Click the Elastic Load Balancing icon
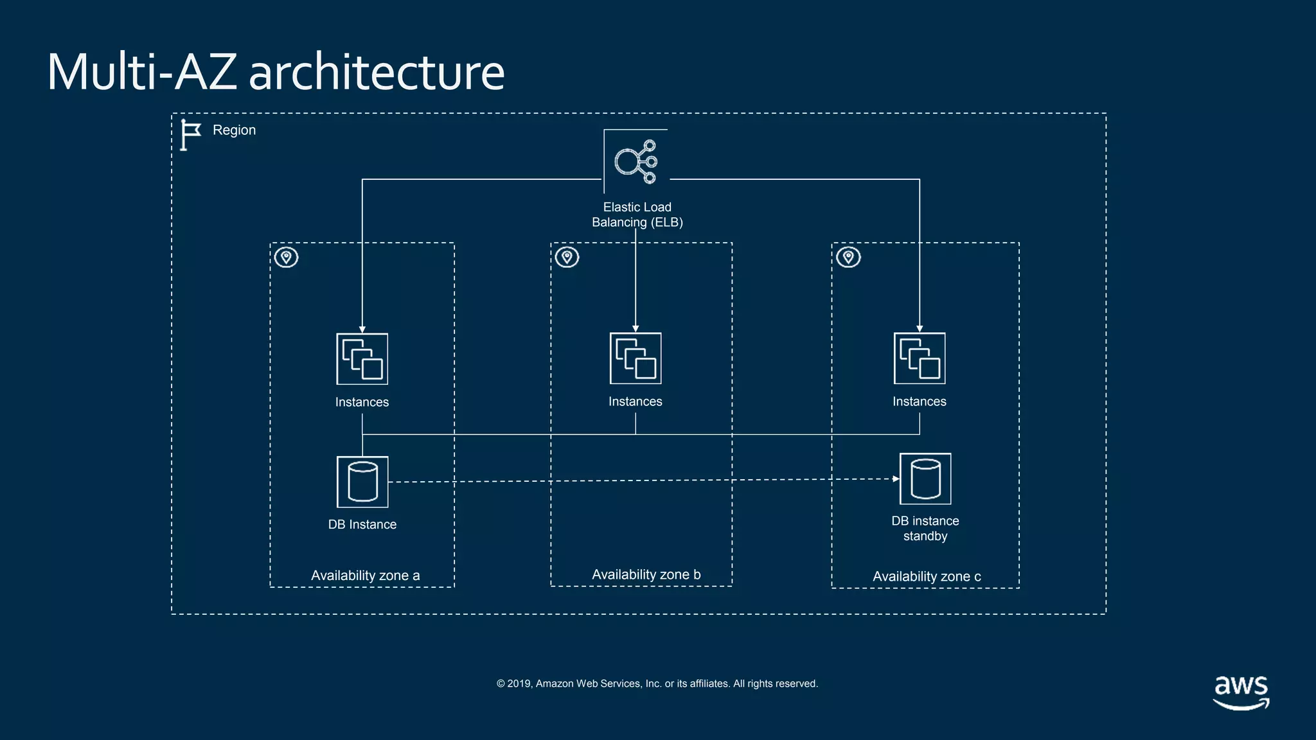pyautogui.click(x=636, y=161)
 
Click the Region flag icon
pyautogui.click(x=190, y=135)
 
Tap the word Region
pyautogui.click(x=234, y=130)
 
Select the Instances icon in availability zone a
pyautogui.click(x=362, y=359)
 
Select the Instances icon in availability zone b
pyautogui.click(x=636, y=358)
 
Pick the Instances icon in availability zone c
pyautogui.click(x=920, y=358)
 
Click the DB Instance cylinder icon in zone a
pyautogui.click(x=362, y=482)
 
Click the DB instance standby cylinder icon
pyautogui.click(x=925, y=479)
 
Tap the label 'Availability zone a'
pyautogui.click(x=365, y=576)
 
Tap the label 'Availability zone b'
pyautogui.click(x=646, y=575)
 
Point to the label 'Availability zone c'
pyautogui.click(x=926, y=577)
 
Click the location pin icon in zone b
pyautogui.click(x=567, y=258)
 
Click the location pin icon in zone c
pyautogui.click(x=848, y=258)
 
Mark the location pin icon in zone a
pyautogui.click(x=287, y=258)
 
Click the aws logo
pyautogui.click(x=1241, y=692)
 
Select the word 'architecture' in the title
pyautogui.click(x=377, y=72)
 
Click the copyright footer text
pyautogui.click(x=657, y=683)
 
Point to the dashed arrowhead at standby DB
pyautogui.click(x=896, y=479)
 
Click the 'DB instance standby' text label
pyautogui.click(x=925, y=528)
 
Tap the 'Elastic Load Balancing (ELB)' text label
pyautogui.click(x=637, y=215)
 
